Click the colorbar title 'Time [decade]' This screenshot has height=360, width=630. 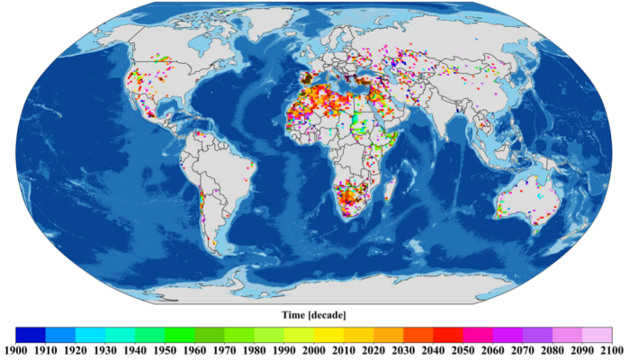click(x=314, y=314)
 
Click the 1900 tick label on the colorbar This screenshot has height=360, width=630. click(x=16, y=349)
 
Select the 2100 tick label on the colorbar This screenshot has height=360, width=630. click(x=613, y=349)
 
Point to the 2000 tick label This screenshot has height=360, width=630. click(x=314, y=349)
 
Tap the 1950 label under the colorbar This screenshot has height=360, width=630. click(x=165, y=349)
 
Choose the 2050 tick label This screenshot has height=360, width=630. click(x=463, y=349)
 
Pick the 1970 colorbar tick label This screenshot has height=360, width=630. click(x=225, y=349)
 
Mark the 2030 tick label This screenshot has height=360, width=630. click(x=404, y=349)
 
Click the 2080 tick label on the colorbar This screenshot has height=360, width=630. click(x=553, y=349)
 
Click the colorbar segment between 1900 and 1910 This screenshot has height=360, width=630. click(x=31, y=333)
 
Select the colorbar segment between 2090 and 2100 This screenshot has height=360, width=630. click(x=598, y=333)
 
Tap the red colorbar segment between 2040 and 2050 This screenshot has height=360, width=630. click(x=448, y=333)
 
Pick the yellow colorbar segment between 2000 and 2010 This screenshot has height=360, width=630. click(x=329, y=333)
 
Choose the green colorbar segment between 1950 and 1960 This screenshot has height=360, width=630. click(x=180, y=333)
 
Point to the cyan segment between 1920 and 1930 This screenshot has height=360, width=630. click(x=90, y=333)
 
